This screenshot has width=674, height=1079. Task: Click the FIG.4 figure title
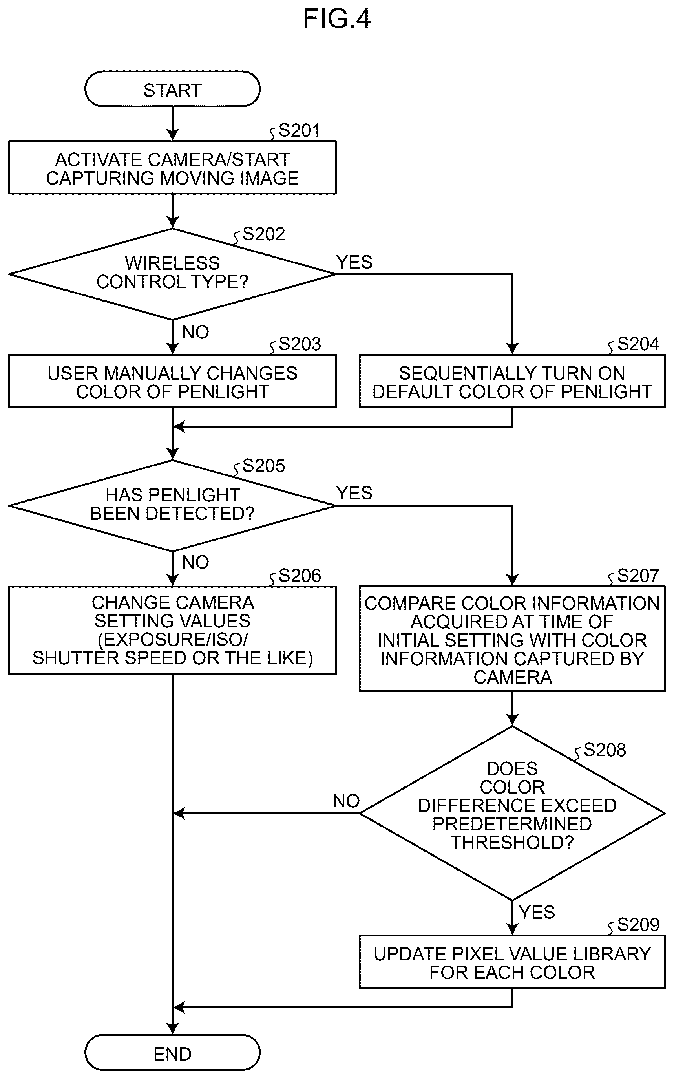(336, 19)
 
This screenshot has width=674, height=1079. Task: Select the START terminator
(172, 89)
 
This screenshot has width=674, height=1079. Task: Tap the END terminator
(172, 1052)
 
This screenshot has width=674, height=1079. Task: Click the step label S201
(299, 131)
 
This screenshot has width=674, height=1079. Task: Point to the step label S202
(263, 234)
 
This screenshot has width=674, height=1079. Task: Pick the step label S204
(638, 344)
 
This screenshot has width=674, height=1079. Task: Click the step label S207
(638, 576)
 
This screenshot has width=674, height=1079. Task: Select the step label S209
(638, 925)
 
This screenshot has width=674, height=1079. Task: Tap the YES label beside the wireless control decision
(354, 262)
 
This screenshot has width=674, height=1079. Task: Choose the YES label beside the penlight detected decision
(354, 493)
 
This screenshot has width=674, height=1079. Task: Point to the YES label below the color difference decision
(537, 912)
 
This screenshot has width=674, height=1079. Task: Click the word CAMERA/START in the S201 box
(219, 160)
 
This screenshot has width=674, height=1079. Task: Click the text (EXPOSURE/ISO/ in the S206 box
(172, 639)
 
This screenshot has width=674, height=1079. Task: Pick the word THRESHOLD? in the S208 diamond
(512, 843)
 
